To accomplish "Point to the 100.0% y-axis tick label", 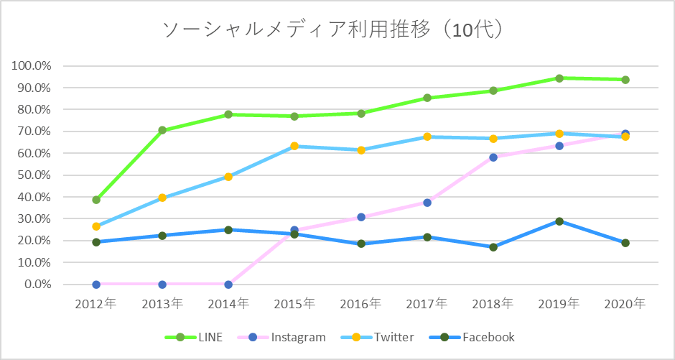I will pyautogui.click(x=32, y=66).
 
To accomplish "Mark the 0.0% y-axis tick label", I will pyautogui.click(x=37, y=285).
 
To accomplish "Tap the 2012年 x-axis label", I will pyautogui.click(x=96, y=304).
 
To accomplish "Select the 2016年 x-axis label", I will pyautogui.click(x=360, y=304).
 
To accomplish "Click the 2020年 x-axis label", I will pyautogui.click(x=625, y=304).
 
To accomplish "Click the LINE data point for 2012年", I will pyautogui.click(x=96, y=200).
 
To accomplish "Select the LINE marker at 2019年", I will pyautogui.click(x=559, y=78).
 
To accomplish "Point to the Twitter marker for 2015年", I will pyautogui.click(x=294, y=147).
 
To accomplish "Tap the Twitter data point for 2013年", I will pyautogui.click(x=162, y=198).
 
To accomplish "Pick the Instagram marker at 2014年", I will pyautogui.click(x=228, y=285).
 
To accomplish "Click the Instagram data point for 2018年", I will pyautogui.click(x=493, y=157).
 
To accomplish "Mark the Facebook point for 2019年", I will pyautogui.click(x=559, y=221).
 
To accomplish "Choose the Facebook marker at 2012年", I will pyautogui.click(x=96, y=242).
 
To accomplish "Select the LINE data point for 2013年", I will pyautogui.click(x=162, y=130).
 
